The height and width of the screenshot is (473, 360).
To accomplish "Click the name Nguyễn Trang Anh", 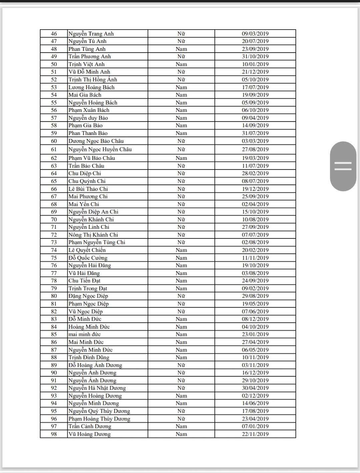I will click(x=91, y=34).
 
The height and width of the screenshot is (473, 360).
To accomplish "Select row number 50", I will click(x=54, y=64).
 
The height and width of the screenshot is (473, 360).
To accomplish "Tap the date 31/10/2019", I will click(x=255, y=57).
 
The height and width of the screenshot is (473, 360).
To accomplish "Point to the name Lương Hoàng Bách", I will click(x=91, y=87).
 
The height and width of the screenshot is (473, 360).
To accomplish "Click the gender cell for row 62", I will click(x=181, y=158).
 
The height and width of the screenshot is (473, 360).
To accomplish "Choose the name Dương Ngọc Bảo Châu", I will click(x=96, y=141).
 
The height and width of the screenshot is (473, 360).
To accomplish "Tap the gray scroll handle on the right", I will click(x=343, y=166).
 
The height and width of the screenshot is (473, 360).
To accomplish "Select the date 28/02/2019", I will click(x=255, y=174).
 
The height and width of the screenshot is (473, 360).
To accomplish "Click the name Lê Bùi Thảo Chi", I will click(x=88, y=189).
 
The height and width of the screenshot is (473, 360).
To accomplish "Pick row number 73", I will click(x=54, y=242).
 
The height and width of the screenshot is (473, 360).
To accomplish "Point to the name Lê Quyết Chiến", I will click(x=87, y=250).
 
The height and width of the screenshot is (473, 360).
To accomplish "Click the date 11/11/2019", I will click(x=255, y=258).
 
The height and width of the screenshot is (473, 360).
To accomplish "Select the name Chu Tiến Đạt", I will click(x=84, y=281).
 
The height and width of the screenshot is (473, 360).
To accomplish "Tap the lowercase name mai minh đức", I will click(x=84, y=334).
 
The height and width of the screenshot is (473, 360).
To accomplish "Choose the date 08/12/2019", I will click(x=255, y=319).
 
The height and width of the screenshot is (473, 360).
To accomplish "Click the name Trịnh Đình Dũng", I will click(x=89, y=357).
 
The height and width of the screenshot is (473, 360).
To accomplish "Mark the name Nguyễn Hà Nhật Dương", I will click(x=97, y=388).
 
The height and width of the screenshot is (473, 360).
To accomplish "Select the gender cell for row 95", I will click(x=181, y=411).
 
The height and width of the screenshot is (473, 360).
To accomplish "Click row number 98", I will click(x=54, y=434).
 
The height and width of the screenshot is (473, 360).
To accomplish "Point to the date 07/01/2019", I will click(x=255, y=426).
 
